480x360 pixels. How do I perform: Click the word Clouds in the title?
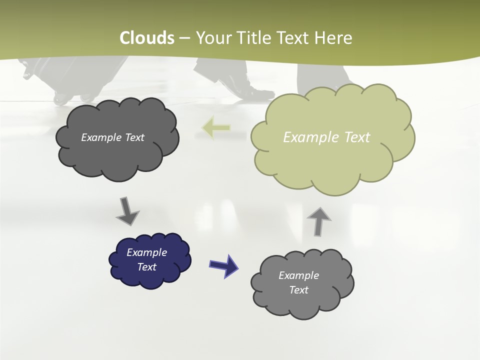(x=147, y=38)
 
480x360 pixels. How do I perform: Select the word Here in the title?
(x=333, y=38)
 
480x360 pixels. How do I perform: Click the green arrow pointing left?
(x=216, y=128)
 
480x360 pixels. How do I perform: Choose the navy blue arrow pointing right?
(x=223, y=265)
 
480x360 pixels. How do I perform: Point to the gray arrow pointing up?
(x=318, y=221)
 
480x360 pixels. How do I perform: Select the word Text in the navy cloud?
(x=147, y=267)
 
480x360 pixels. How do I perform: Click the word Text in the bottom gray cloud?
(x=298, y=290)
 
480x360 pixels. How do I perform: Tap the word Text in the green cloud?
(x=356, y=137)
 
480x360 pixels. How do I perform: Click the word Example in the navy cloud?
(x=147, y=252)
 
